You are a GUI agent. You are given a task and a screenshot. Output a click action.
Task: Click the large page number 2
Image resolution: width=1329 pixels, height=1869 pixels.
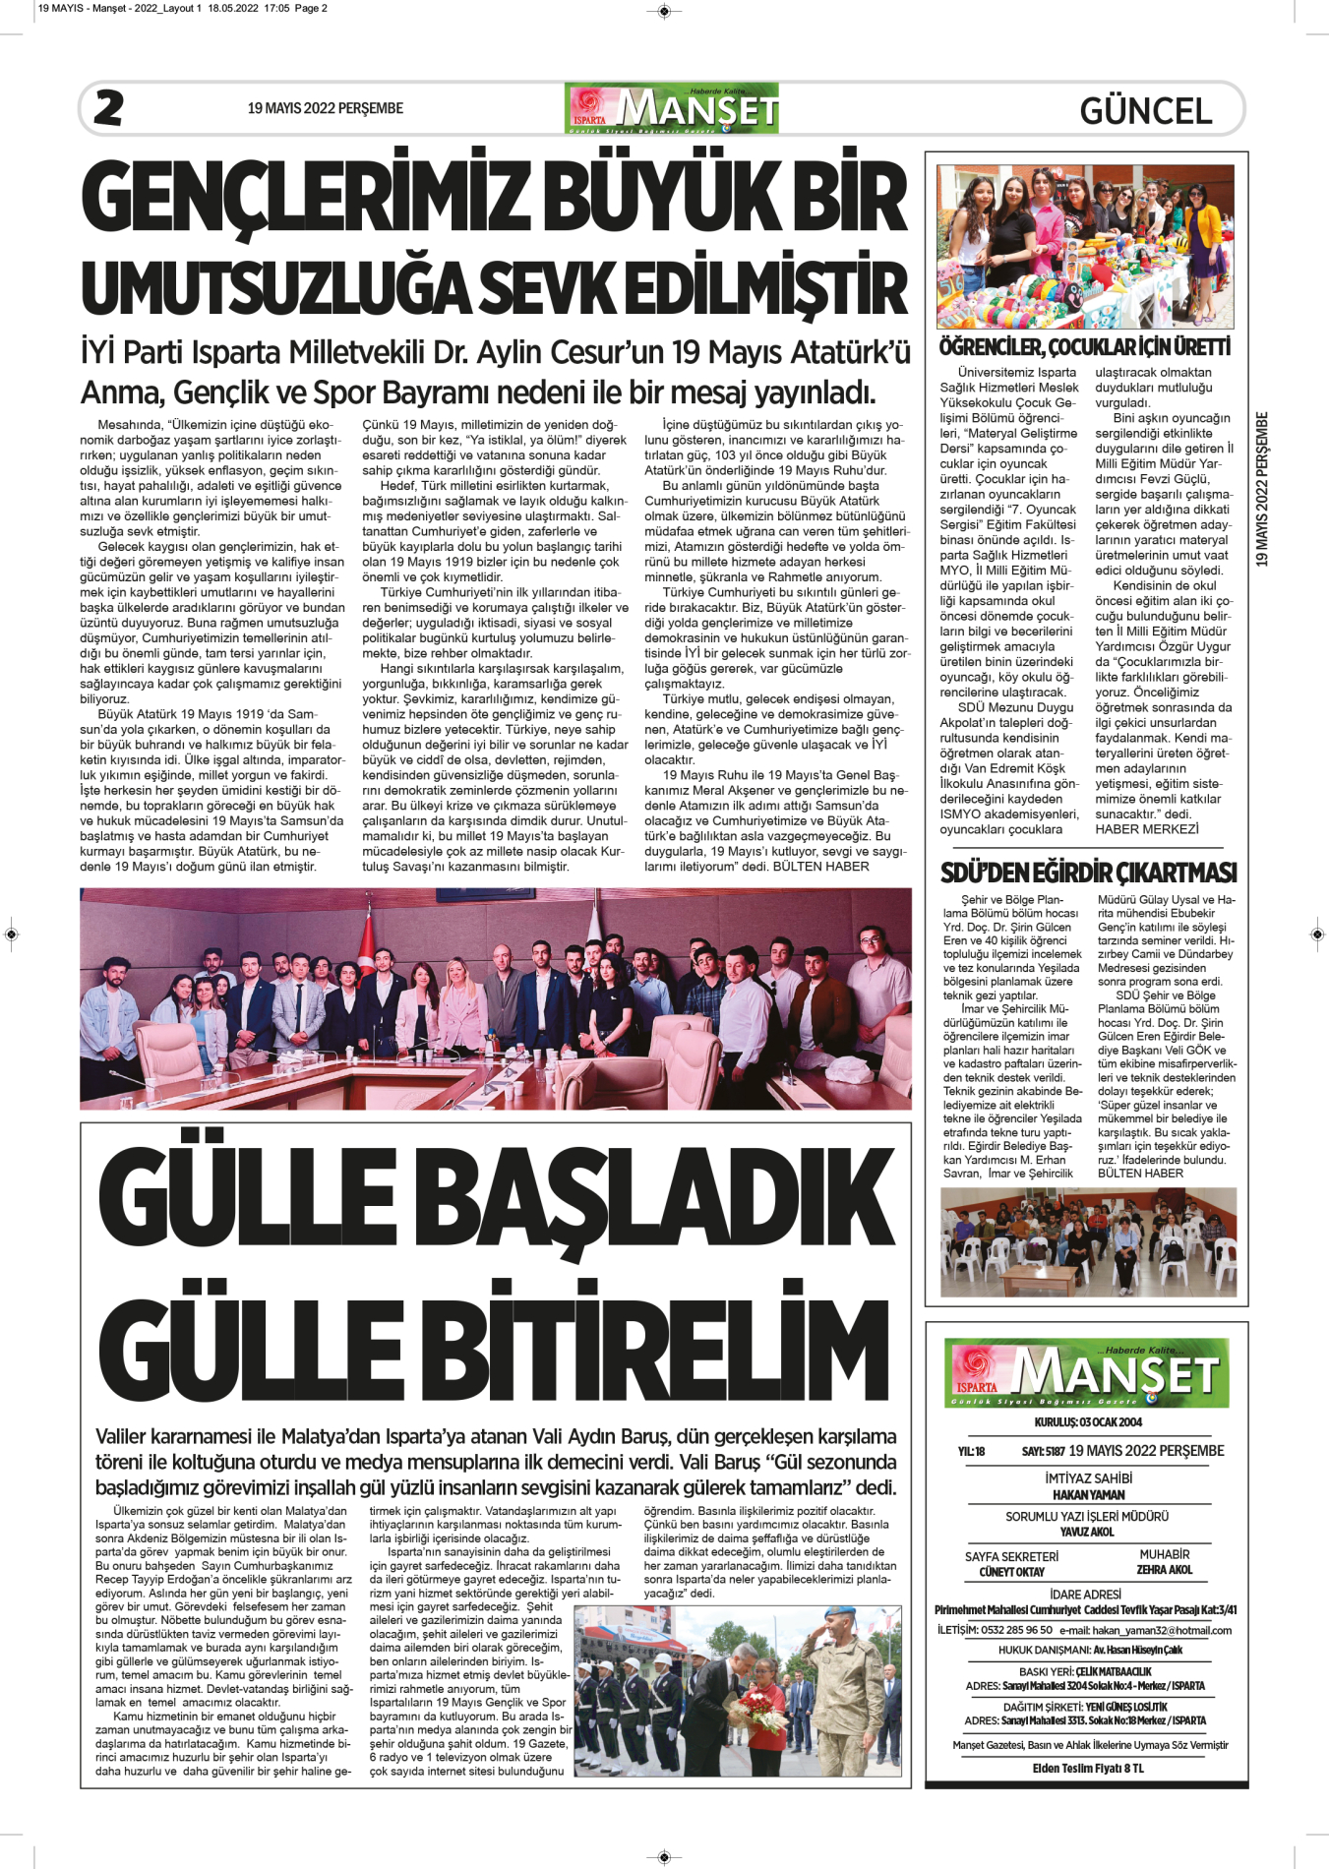click(108, 107)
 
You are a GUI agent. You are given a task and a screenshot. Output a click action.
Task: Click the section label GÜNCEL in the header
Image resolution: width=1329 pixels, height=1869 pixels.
click(1145, 110)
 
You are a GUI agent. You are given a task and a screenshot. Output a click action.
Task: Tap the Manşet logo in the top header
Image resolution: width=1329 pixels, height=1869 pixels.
click(672, 108)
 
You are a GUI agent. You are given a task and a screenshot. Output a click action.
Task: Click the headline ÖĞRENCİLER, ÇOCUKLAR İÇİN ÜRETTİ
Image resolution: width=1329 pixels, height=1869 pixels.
click(1084, 347)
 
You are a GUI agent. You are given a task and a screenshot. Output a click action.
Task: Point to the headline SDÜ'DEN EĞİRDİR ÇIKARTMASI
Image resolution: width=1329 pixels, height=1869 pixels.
click(1088, 873)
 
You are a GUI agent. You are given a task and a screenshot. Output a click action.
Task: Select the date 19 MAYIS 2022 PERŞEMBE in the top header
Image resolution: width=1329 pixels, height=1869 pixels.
click(326, 108)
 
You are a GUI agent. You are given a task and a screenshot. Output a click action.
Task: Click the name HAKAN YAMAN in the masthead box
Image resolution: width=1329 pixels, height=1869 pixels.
click(1088, 1494)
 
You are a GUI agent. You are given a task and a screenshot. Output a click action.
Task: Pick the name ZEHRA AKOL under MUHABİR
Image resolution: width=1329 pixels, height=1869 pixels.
click(1164, 1570)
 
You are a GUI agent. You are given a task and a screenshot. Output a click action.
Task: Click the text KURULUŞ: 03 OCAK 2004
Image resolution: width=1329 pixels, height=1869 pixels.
click(1088, 1422)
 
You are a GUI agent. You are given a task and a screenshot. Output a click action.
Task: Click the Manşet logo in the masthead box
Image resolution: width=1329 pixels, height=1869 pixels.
click(1087, 1372)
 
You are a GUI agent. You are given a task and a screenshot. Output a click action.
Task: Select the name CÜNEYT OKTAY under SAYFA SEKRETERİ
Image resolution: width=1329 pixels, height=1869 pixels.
click(1011, 1572)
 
